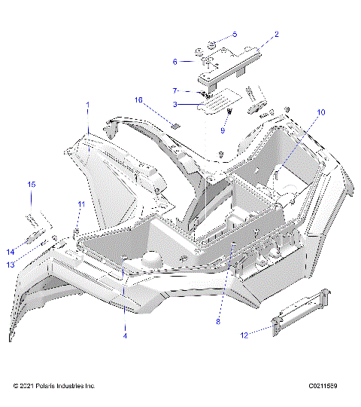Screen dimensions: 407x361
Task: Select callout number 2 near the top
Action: coord(276,34)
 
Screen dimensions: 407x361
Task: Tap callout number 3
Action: coord(175,104)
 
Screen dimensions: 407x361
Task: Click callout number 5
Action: coord(234,35)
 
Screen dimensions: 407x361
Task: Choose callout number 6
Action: coord(175,62)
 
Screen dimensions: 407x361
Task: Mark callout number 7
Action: coord(175,90)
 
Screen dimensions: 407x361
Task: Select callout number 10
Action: coord(320,112)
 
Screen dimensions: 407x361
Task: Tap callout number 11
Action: coord(80,204)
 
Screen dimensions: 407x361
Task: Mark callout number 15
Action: coord(32,185)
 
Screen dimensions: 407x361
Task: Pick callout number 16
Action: coord(138,99)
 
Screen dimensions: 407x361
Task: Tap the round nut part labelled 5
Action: coord(213,41)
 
